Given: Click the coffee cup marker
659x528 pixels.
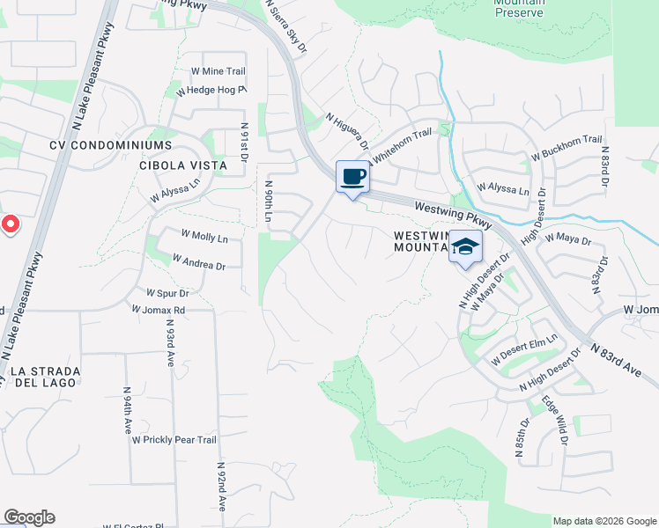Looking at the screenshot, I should tap(352, 177).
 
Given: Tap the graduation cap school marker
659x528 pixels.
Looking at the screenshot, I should tap(465, 247).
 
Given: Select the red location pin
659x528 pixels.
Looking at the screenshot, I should tap(10, 224).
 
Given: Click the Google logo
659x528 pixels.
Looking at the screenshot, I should tap(29, 517).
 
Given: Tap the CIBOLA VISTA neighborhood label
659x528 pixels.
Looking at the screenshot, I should tap(183, 165).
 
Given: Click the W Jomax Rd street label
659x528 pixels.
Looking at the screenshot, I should tap(158, 310).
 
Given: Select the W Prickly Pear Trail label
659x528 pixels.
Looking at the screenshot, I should tap(174, 439).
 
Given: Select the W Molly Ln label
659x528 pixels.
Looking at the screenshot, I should tap(204, 238).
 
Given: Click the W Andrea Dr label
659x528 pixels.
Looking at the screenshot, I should tap(199, 262).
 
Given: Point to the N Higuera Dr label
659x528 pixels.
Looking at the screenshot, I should tap(346, 132).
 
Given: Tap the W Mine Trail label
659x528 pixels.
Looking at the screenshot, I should tap(218, 70).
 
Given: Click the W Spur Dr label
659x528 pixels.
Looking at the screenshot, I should tap(167, 292).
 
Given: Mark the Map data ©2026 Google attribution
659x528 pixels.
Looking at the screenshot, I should tap(604, 521).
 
